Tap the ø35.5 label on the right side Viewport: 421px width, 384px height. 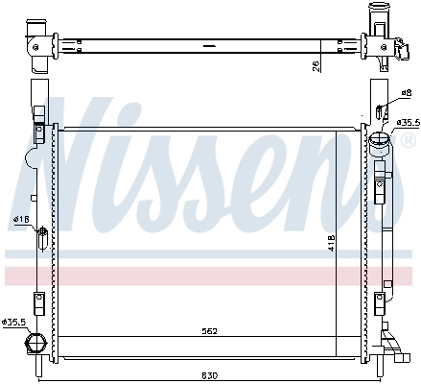point(407,122)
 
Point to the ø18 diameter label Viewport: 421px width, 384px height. point(19,220)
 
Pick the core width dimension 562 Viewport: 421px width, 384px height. point(209,331)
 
